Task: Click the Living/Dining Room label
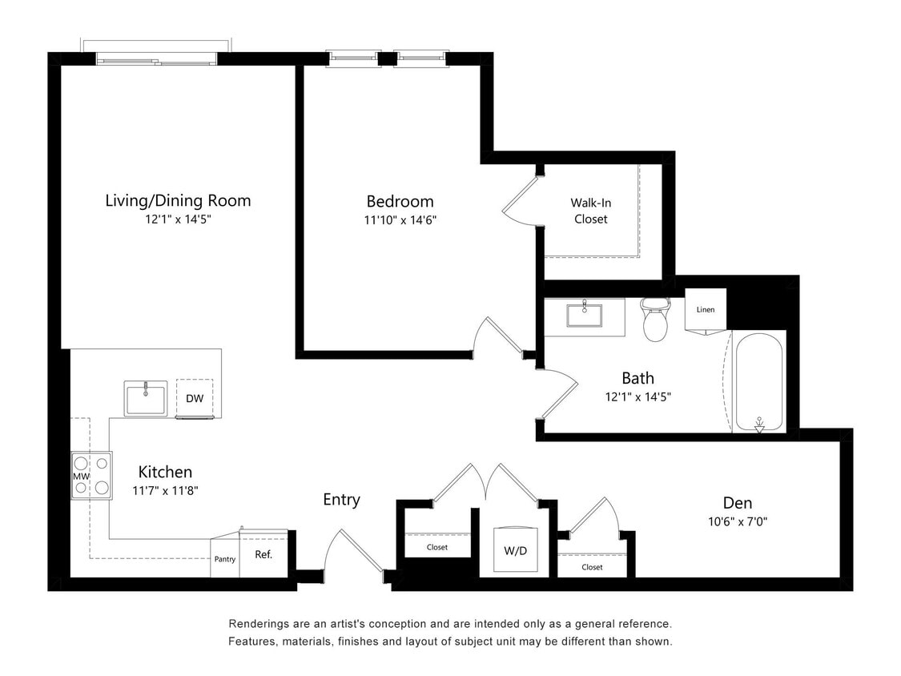(178, 200)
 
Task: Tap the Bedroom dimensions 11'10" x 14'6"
(400, 219)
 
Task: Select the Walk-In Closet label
(590, 211)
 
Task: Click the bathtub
(758, 382)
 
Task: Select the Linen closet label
(705, 309)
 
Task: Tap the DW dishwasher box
(195, 398)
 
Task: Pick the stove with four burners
(91, 475)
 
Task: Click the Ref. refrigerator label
(263, 554)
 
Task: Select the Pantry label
(225, 559)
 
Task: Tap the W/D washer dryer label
(514, 551)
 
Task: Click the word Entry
(341, 500)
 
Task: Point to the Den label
(737, 503)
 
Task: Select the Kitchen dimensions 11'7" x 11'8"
(165, 490)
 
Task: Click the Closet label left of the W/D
(437, 548)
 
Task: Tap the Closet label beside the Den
(592, 567)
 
